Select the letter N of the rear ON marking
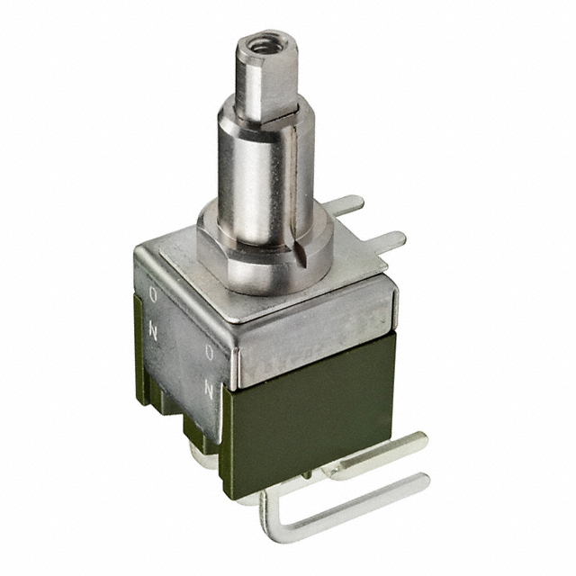tap(155, 330)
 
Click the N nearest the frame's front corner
tap(210, 389)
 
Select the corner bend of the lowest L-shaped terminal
tap(268, 510)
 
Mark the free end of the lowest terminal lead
tap(423, 481)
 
